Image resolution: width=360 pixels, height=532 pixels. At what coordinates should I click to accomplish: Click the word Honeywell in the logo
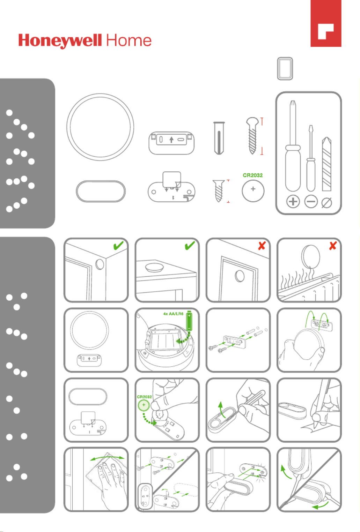point(60,41)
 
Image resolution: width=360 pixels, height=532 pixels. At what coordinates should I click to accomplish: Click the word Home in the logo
point(129,40)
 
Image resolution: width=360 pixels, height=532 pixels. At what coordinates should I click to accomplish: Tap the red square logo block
point(326,23)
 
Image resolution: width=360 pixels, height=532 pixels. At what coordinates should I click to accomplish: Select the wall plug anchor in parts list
point(219,138)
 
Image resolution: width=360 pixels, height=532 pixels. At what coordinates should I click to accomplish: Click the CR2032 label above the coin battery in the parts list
point(253,175)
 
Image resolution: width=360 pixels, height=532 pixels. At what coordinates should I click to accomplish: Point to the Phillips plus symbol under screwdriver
point(293,202)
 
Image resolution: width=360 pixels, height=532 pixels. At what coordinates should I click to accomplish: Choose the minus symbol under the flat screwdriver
point(311,202)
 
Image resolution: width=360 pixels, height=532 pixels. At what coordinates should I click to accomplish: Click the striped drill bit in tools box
point(327,164)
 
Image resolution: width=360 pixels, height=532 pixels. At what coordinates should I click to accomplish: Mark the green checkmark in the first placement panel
point(118,245)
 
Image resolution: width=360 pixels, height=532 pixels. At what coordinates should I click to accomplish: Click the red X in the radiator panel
point(333,246)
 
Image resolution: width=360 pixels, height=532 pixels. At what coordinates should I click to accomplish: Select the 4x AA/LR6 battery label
point(173,314)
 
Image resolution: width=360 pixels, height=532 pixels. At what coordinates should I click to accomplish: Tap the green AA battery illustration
point(189,321)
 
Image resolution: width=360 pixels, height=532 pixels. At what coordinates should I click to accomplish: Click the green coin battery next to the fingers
point(144,405)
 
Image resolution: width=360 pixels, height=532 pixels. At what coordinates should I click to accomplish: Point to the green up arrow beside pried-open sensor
point(222,410)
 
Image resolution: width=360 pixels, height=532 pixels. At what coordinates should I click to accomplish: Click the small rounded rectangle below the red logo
point(285,69)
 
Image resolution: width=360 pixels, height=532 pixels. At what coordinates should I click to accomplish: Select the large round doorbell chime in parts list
point(100,127)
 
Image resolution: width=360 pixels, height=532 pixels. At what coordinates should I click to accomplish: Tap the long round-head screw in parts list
point(252,136)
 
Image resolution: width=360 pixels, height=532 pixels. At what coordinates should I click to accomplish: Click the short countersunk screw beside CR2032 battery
point(219,191)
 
